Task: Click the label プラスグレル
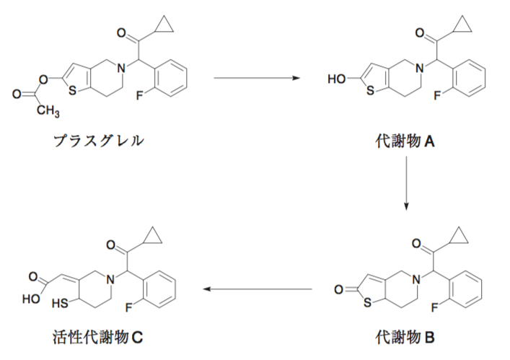coord(98,141)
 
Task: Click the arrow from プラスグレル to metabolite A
coord(257,76)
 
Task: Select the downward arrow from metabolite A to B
coord(407,183)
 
